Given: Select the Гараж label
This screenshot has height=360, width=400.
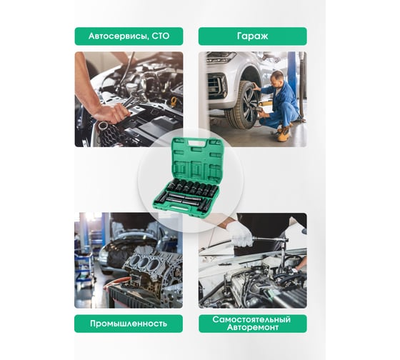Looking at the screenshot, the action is coord(253,36).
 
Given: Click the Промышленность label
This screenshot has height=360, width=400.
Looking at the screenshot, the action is coord(129,324).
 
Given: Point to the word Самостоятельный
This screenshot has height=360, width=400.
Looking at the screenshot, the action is coord(251,319).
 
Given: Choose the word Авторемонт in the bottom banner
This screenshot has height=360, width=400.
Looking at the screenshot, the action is coord(253,327).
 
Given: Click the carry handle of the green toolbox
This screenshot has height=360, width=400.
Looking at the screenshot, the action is coord(197,144).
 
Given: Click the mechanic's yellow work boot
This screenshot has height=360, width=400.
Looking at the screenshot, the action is coord(284,134).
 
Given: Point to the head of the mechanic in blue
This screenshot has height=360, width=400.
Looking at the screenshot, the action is coord(276,77).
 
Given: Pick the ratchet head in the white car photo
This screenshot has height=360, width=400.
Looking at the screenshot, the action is coord(283,241).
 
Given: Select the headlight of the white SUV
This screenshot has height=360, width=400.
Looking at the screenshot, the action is coord(221,57).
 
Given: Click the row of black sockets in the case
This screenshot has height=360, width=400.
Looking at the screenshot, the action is coord(193,188).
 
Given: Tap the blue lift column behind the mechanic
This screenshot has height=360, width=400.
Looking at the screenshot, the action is coord(291,72).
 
